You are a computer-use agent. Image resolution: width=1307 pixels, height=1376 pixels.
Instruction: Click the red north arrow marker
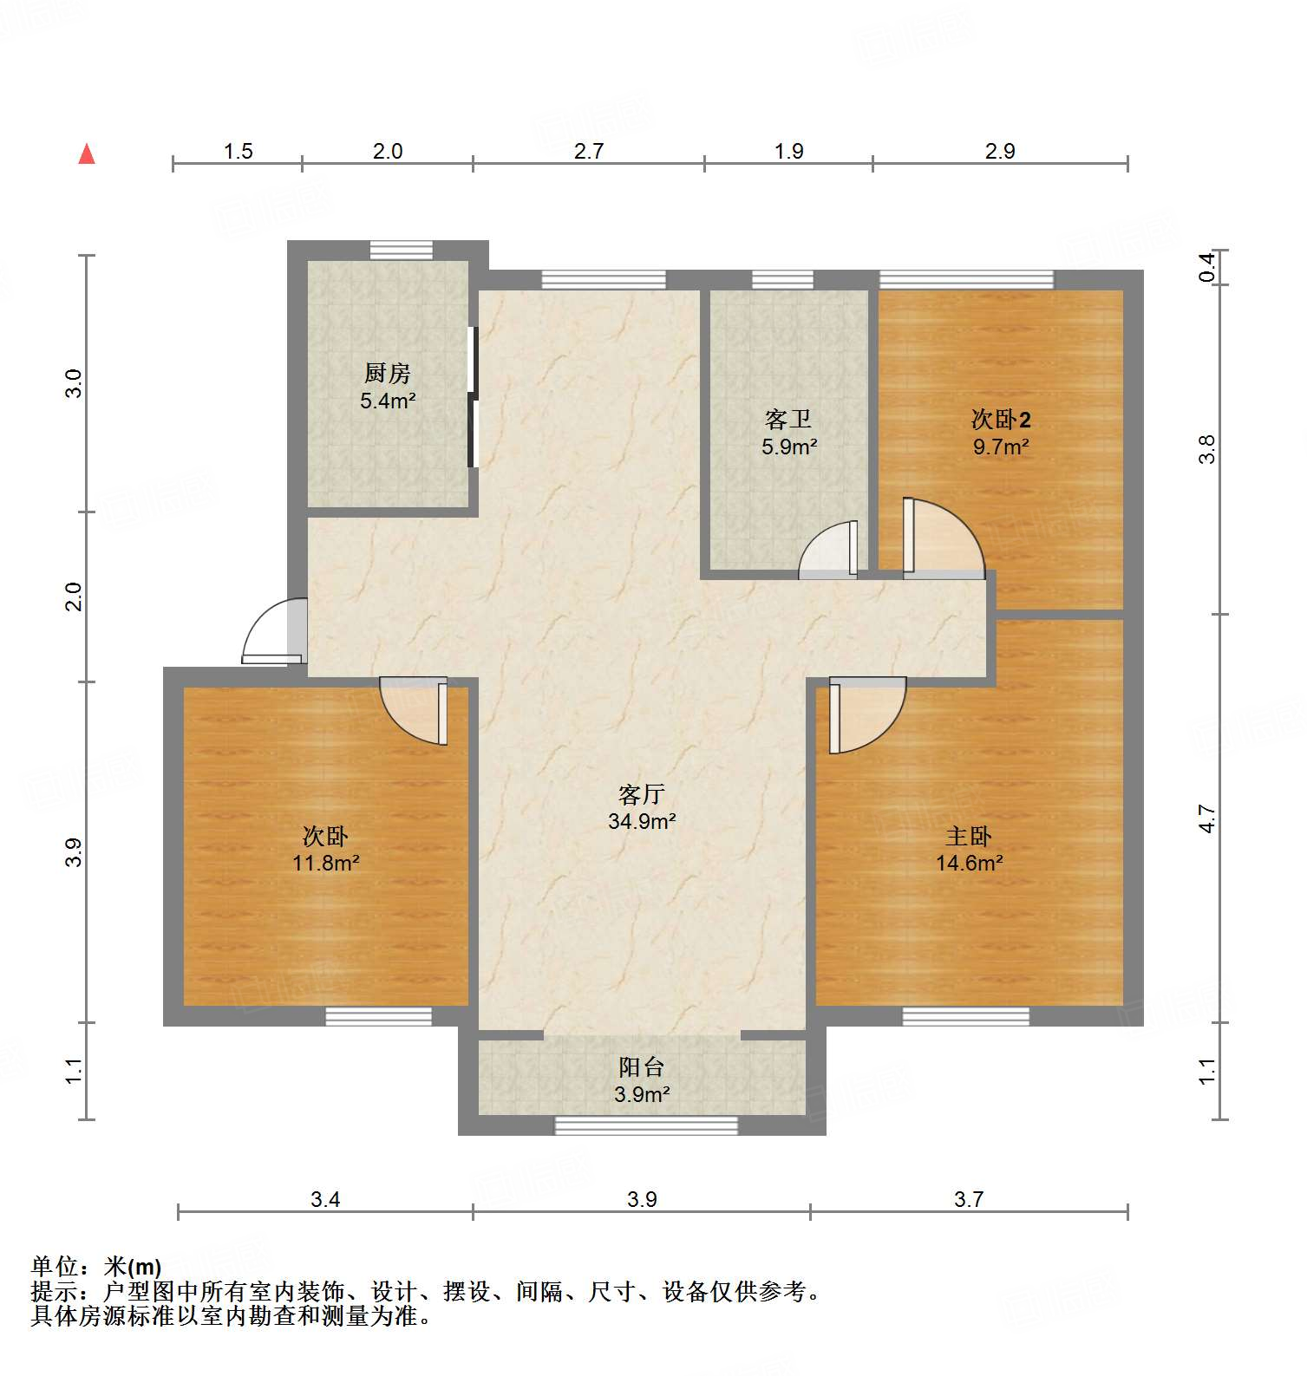(87, 154)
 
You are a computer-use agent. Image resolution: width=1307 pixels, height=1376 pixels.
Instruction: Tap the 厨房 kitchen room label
(387, 374)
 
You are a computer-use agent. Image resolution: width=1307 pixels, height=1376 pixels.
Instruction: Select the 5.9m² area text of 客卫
(789, 447)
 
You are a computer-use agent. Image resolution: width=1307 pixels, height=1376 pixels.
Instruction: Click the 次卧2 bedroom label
(1001, 420)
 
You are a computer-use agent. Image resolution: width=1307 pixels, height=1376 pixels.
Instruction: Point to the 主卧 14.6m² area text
(969, 863)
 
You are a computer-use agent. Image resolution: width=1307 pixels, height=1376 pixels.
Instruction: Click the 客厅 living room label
(642, 794)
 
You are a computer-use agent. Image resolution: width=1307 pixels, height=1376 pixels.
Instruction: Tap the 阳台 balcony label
(642, 1067)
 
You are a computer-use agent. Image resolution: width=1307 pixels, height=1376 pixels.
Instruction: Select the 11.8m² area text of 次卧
(325, 863)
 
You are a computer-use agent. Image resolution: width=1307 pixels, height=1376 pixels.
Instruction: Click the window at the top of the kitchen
(401, 250)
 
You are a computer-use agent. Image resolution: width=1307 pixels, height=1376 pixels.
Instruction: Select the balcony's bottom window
(646, 1125)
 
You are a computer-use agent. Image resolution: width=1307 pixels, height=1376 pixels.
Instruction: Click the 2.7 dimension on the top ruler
(588, 151)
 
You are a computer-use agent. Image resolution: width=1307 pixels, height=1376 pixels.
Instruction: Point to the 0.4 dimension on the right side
(1206, 266)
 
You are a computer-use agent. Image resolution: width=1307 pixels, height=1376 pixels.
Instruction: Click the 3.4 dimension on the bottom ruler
(325, 1199)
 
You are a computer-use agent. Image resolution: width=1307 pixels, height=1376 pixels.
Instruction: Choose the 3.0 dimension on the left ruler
(75, 383)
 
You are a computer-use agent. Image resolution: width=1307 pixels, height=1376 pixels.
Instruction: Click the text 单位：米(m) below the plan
(96, 1267)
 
